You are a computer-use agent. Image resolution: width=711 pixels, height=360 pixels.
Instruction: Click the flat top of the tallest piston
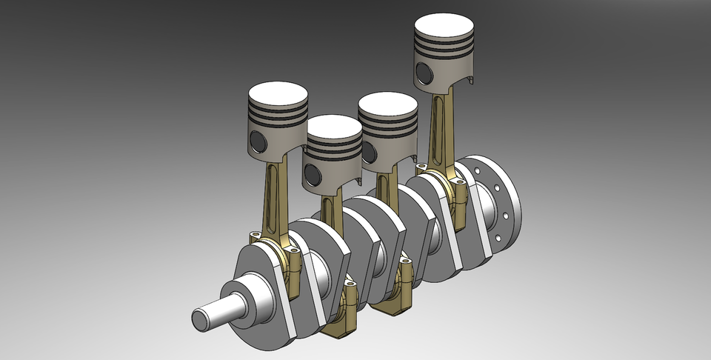[444, 27]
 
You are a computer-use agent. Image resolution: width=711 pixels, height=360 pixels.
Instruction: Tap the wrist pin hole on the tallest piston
[423, 72]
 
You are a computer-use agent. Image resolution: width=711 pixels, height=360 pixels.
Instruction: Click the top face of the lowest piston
[334, 127]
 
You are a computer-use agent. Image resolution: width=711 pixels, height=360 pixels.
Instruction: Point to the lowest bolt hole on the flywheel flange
[498, 239]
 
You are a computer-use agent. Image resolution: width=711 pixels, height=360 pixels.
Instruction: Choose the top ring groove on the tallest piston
[444, 45]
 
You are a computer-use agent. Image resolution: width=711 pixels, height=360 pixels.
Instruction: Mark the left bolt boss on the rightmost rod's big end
[421, 167]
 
